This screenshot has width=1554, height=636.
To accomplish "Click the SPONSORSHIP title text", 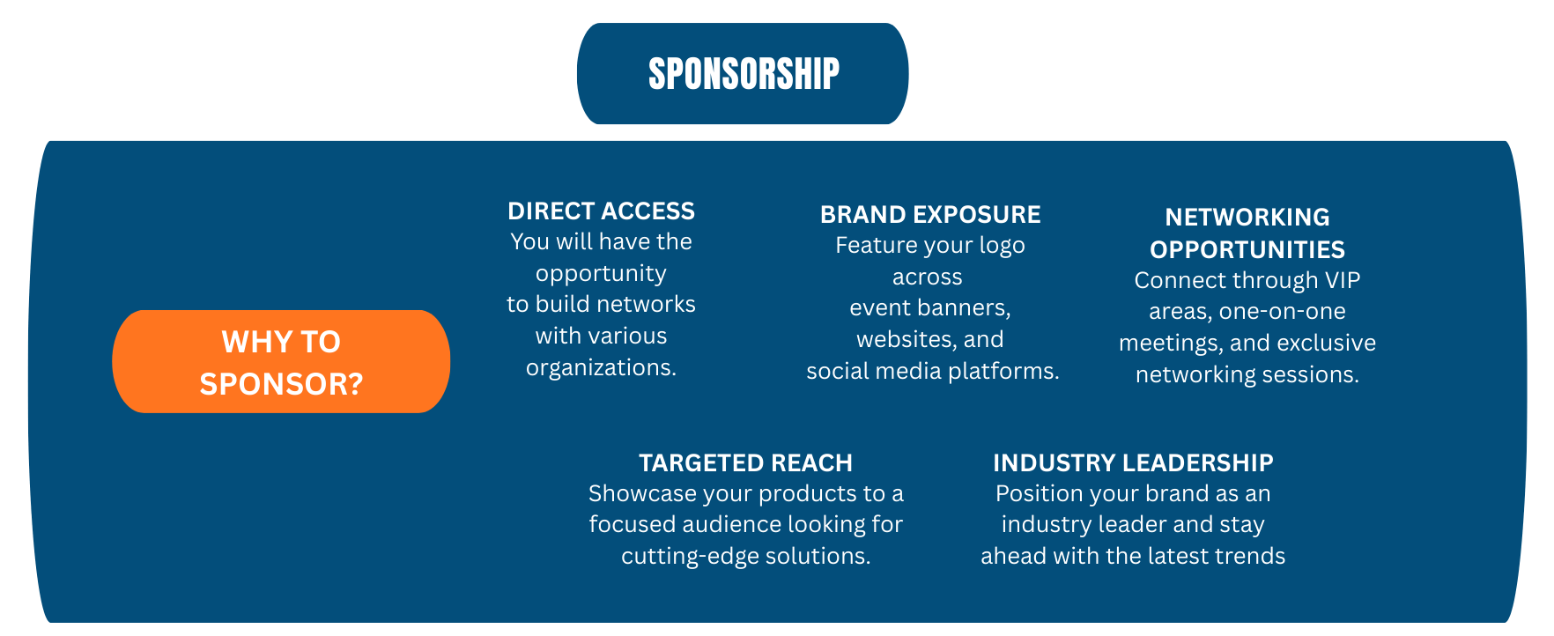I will pyautogui.click(x=744, y=74).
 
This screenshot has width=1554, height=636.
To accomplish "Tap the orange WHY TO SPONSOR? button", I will pyautogui.click(x=281, y=361).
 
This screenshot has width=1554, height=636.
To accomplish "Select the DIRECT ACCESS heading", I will pyautogui.click(x=601, y=211).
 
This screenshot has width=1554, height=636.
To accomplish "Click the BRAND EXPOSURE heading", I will pyautogui.click(x=930, y=215).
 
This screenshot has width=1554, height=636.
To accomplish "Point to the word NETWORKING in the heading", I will pyautogui.click(x=1247, y=218).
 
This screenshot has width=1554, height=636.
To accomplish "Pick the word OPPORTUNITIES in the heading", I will pyautogui.click(x=1247, y=250).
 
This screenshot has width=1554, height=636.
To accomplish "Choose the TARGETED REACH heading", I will pyautogui.click(x=745, y=463).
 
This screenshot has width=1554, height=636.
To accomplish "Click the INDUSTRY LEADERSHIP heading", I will pyautogui.click(x=1133, y=463).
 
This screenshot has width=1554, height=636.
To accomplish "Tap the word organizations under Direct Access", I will pyautogui.click(x=601, y=367).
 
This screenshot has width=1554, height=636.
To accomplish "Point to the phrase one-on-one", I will pyautogui.click(x=1282, y=312).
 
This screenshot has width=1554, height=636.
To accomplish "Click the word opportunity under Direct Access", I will pyautogui.click(x=601, y=274).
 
